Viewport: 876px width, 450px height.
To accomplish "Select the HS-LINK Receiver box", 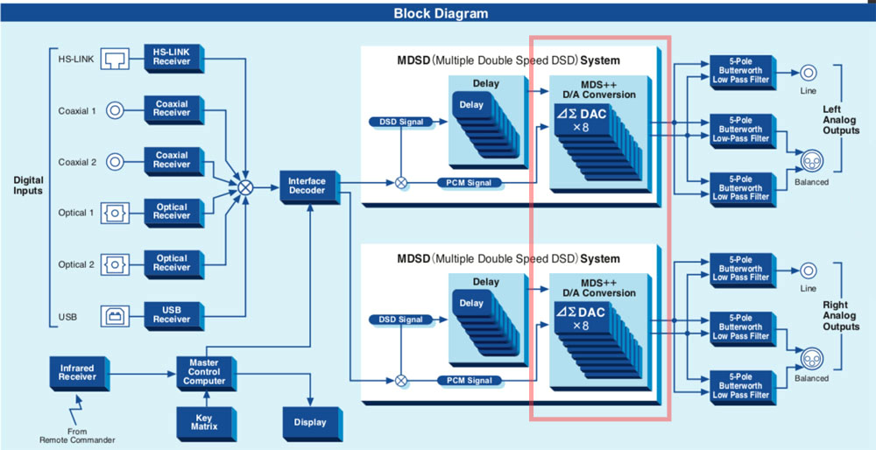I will pyautogui.click(x=172, y=57).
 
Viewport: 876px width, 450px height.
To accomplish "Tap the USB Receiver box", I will pyautogui.click(x=172, y=314).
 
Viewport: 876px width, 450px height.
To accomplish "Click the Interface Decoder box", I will pyautogui.click(x=307, y=186).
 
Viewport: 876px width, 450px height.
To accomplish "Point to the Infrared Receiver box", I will pyautogui.click(x=77, y=371).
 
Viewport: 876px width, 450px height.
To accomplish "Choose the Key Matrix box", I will pyautogui.click(x=204, y=423).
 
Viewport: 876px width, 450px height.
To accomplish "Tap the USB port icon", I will pyautogui.click(x=116, y=315).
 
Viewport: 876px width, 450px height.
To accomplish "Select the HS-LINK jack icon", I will pyautogui.click(x=116, y=58).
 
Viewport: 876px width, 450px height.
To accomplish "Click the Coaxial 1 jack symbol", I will pyautogui.click(x=115, y=110).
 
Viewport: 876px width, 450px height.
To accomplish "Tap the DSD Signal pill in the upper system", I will pyautogui.click(x=402, y=121).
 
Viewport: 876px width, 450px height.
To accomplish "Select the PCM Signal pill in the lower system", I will pyautogui.click(x=470, y=380).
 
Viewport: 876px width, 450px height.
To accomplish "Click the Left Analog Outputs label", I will pyautogui.click(x=842, y=120).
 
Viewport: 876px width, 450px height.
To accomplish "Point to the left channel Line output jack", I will pyautogui.click(x=807, y=74).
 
